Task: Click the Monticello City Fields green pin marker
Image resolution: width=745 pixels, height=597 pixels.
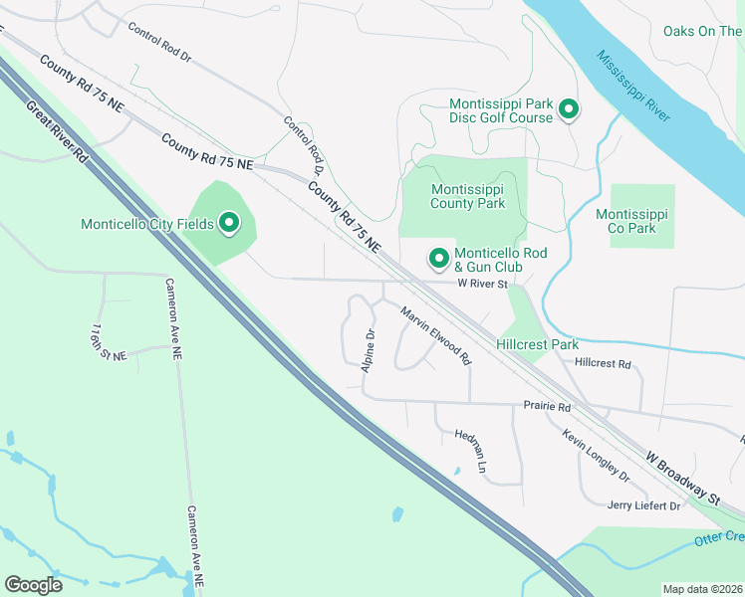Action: (x=229, y=223)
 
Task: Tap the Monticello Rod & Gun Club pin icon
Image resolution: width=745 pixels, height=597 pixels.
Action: (x=438, y=259)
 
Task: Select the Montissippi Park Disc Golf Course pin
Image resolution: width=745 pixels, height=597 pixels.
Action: (x=569, y=109)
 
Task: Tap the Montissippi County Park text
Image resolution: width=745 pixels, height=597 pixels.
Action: (x=468, y=196)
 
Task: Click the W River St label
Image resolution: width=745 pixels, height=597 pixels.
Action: (x=483, y=284)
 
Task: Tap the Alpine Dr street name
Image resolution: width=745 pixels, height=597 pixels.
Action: (x=369, y=348)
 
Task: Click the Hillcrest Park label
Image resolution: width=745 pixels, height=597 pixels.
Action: (x=537, y=344)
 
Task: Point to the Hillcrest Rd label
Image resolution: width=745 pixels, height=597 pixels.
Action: (x=603, y=364)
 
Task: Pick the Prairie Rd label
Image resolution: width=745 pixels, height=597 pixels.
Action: (x=547, y=407)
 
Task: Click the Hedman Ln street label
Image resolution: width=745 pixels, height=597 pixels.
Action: (x=471, y=451)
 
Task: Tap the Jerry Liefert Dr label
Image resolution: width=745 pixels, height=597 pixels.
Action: (x=643, y=505)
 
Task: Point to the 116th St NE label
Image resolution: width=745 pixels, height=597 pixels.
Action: (x=109, y=341)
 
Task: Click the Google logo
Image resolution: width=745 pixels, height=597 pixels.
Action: (x=33, y=584)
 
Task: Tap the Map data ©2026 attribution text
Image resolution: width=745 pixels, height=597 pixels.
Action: (x=702, y=589)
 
